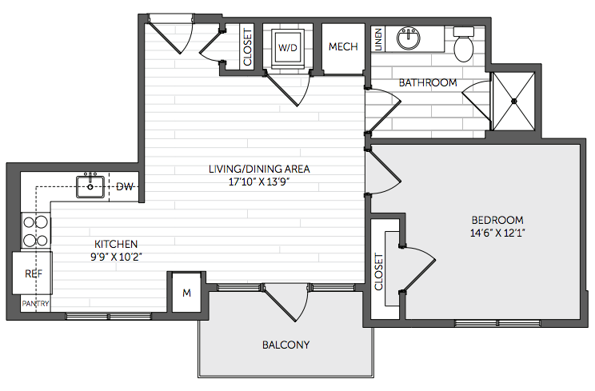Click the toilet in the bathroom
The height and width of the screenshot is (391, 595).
(463, 44)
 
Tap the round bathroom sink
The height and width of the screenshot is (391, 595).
(409, 38)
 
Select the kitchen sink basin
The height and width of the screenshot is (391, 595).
(90, 186)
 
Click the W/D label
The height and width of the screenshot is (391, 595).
(288, 48)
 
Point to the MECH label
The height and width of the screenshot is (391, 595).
(343, 46)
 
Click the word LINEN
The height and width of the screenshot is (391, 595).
(378, 39)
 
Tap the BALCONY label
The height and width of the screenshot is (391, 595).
(286, 345)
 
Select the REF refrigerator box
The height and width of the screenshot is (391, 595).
(32, 273)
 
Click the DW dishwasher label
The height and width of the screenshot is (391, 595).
(125, 186)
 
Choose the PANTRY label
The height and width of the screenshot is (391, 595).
(35, 303)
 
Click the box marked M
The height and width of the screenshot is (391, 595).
(186, 293)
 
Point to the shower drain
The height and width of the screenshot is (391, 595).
(513, 101)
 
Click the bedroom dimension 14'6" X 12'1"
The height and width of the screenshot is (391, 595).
(497, 233)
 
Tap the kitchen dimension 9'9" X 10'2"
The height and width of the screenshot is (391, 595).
(116, 257)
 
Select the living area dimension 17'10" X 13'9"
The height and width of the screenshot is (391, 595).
(259, 182)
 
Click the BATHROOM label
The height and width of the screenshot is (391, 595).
(428, 82)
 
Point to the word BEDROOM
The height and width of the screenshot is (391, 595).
(497, 220)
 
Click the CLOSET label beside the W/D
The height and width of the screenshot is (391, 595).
(247, 47)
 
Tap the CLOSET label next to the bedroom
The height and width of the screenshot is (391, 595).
(378, 272)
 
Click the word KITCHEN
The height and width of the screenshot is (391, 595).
(116, 244)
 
